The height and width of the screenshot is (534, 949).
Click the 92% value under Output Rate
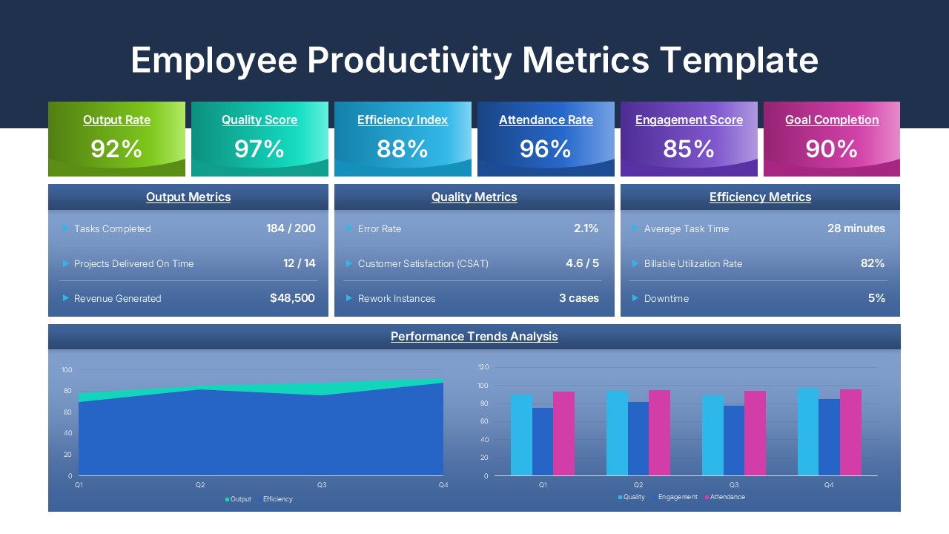coord(116,149)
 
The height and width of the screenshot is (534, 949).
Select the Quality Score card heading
coord(259,120)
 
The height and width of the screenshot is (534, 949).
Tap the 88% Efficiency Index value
coord(402,149)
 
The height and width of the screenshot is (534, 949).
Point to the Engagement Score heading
coord(689,120)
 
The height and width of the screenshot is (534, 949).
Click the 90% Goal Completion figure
coord(831,149)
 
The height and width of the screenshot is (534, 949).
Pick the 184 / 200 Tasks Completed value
coord(291,228)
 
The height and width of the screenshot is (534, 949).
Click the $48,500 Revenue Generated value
coord(292,298)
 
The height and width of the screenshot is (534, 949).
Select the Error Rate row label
coord(379,229)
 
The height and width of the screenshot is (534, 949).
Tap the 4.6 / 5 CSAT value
coord(582,263)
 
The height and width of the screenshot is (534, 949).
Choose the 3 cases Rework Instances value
coord(578,298)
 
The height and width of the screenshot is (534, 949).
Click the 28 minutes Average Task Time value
coord(856,228)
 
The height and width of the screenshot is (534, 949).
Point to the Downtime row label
coord(666,299)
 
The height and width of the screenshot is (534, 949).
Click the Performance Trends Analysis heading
coord(474,337)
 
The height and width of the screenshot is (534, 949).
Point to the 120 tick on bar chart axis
coord(483,367)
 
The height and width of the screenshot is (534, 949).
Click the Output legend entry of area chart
coord(240,499)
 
